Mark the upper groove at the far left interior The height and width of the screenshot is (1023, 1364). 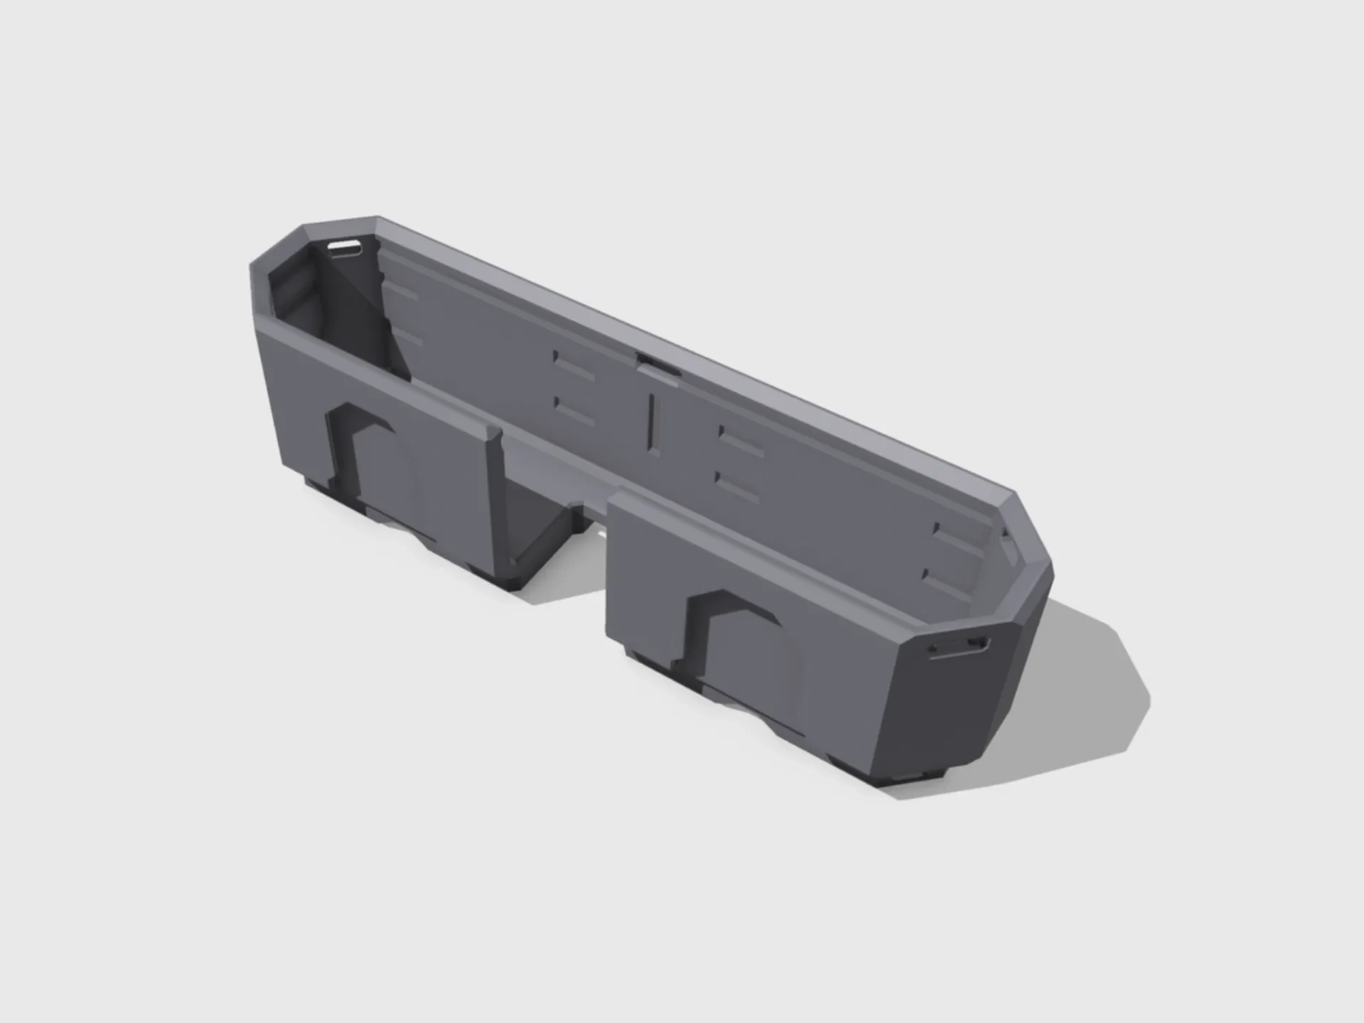(404, 293)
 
